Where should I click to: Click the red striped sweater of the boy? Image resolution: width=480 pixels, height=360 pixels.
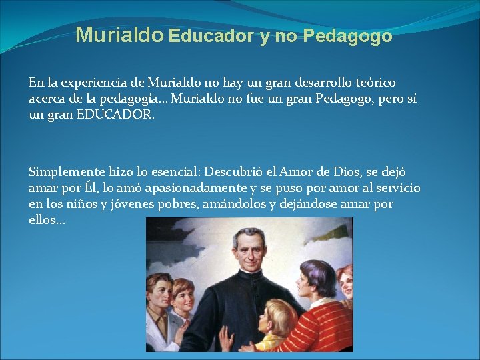point(320,327)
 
